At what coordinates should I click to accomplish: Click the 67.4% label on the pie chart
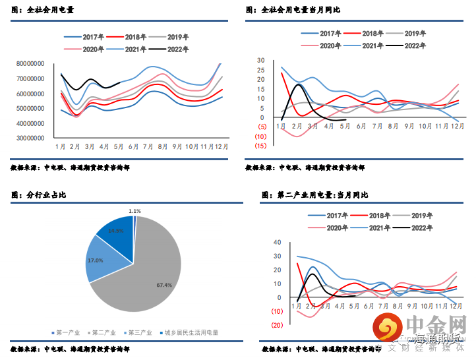(164, 285)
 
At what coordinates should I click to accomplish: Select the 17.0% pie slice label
(95, 260)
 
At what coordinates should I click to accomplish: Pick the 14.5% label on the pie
(116, 231)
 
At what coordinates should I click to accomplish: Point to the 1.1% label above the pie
(134, 211)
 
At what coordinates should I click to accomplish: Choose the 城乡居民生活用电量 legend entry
(192, 333)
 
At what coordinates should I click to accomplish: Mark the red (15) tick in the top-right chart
(262, 146)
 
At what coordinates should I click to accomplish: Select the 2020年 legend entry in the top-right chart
(328, 45)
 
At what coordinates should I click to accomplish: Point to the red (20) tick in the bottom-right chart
(277, 324)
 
